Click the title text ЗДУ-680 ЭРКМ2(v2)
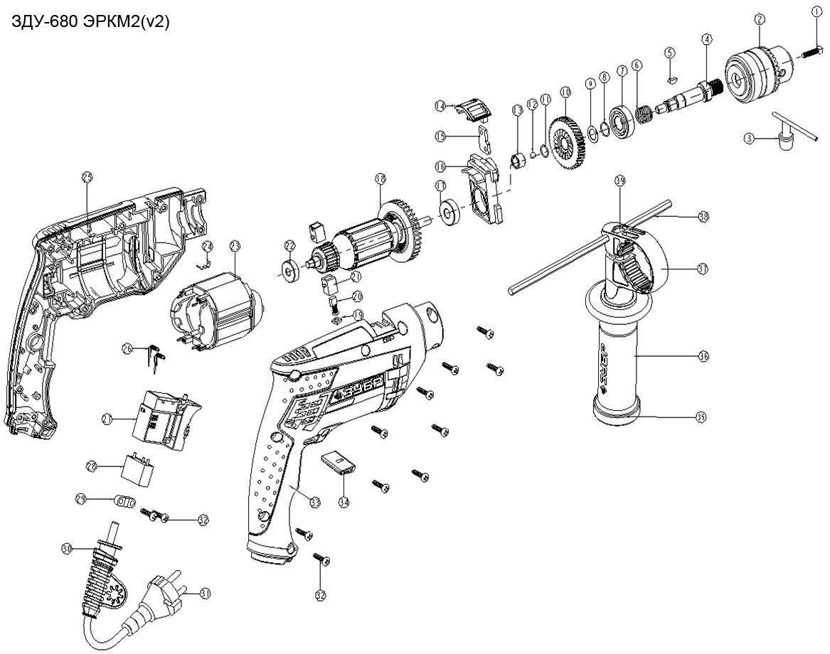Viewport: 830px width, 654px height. pyautogui.click(x=90, y=23)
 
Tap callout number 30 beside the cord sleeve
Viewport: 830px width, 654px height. pyautogui.click(x=68, y=549)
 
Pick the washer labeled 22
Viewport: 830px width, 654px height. pyautogui.click(x=289, y=269)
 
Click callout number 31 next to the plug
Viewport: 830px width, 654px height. pyautogui.click(x=205, y=591)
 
